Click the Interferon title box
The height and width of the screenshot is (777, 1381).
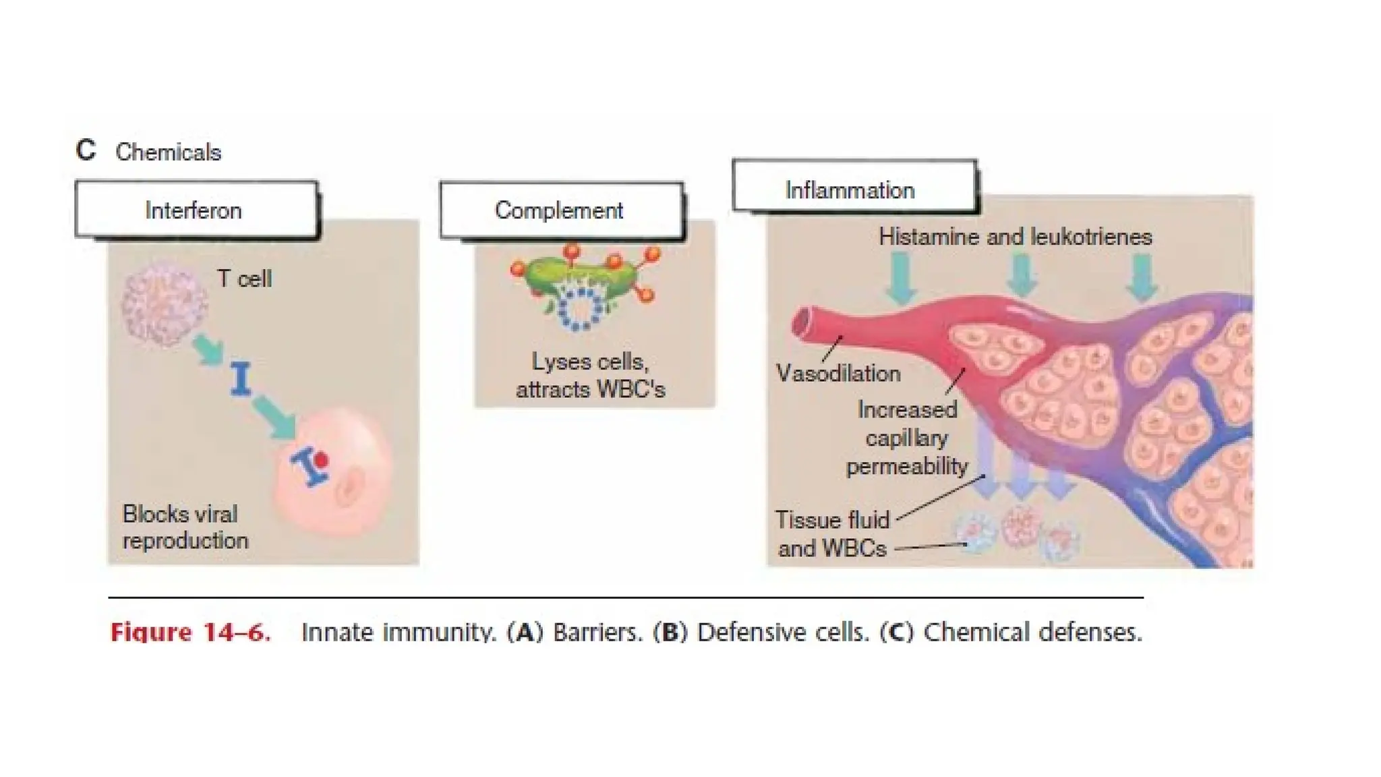pos(196,210)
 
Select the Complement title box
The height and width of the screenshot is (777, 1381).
pos(560,210)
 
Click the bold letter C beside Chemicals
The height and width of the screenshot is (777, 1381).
pos(86,150)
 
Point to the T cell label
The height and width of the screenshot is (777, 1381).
pos(244,279)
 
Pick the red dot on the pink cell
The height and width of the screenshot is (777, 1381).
pos(321,459)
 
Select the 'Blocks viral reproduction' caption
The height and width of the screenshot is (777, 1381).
pos(185,527)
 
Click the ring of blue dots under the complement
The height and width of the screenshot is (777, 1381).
pos(579,310)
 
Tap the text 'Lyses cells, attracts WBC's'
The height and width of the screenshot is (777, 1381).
pos(590,376)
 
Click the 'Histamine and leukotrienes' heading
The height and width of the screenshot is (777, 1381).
pos(1015,237)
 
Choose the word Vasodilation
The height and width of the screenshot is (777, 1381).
pos(838,373)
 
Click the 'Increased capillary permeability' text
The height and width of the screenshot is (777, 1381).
pos(906,438)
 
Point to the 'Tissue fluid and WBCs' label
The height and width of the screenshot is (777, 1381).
pos(832,534)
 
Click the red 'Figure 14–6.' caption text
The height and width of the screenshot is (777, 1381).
pos(191,632)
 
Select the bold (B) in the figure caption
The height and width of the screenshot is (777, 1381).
pos(670,632)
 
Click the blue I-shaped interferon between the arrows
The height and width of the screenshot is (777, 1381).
pos(241,378)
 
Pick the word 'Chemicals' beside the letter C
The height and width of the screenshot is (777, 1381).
pos(168,152)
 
